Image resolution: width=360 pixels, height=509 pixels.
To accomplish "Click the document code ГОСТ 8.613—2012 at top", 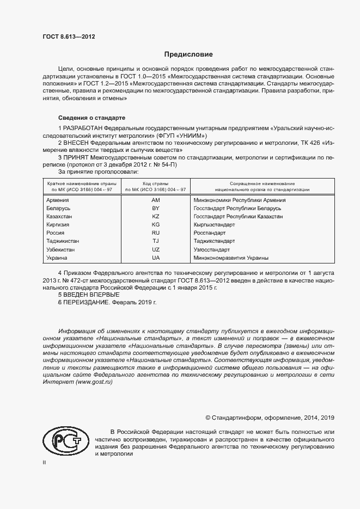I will pyautogui.click(x=69, y=36).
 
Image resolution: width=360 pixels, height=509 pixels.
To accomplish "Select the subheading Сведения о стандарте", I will pyautogui.click(x=91, y=118).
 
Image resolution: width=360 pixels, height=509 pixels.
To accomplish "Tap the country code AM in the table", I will pyautogui.click(x=155, y=200).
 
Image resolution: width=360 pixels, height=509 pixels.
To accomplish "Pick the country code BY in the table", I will pyautogui.click(x=155, y=208).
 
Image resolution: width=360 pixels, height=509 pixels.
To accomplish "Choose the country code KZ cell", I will pyautogui.click(x=155, y=217).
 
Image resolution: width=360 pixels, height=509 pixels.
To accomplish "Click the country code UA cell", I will pyautogui.click(x=155, y=257).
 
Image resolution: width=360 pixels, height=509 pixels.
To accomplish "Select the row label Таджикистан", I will pyautogui.click(x=64, y=241).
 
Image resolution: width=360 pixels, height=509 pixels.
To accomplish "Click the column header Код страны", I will pyautogui.click(x=155, y=183).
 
